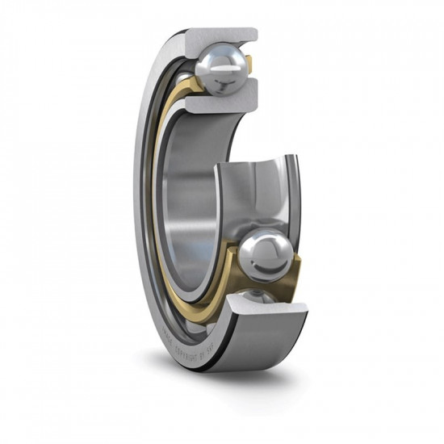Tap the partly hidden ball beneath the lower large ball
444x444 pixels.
[x=257, y=296]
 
